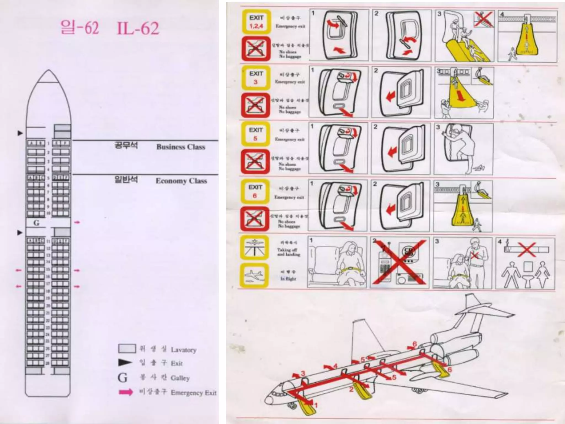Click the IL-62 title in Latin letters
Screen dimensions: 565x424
[138, 28]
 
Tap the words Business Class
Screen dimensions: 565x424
[181, 147]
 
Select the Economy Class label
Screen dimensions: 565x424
[181, 181]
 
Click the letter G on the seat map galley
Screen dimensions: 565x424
[36, 223]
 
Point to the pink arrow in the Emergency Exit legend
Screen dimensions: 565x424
[126, 392]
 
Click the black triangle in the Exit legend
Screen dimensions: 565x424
[125, 363]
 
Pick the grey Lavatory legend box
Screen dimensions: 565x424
[127, 349]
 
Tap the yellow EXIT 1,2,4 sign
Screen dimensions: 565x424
[256, 22]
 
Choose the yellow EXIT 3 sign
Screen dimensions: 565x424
[255, 78]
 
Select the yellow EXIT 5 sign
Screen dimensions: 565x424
[255, 134]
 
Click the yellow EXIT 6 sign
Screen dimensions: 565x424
[255, 191]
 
